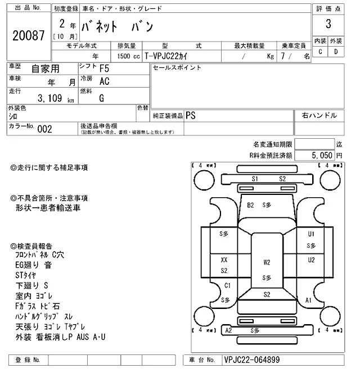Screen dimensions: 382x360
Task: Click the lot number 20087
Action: (28, 35)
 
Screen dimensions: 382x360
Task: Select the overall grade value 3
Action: (327, 24)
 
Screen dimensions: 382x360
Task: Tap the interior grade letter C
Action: (320, 52)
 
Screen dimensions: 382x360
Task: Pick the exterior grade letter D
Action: (336, 52)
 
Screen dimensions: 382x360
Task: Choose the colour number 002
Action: (44, 129)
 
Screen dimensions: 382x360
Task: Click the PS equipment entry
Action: (191, 116)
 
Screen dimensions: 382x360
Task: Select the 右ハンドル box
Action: (319, 116)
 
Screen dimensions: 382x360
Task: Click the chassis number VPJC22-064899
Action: (251, 360)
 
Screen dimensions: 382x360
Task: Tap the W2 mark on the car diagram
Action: (267, 262)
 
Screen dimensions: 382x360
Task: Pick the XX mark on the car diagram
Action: (224, 260)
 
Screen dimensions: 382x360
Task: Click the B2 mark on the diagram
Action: (251, 205)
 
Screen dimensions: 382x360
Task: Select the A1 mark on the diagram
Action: (308, 301)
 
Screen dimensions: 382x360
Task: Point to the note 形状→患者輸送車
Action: (48, 208)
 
